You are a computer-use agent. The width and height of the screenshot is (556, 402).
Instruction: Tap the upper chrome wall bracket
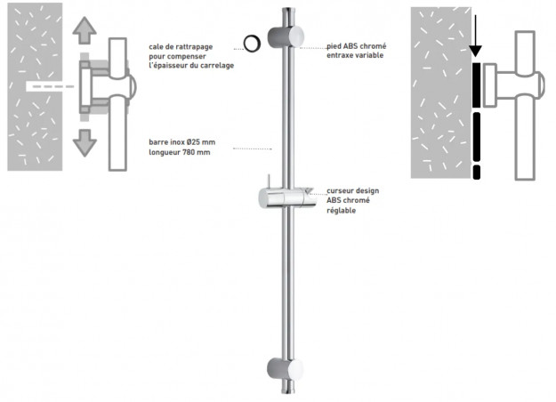(286, 36)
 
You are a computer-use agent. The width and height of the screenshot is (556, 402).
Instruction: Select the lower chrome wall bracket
(285, 369)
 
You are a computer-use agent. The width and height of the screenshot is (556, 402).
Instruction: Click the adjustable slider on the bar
(287, 197)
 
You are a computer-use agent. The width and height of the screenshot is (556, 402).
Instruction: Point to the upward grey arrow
(85, 30)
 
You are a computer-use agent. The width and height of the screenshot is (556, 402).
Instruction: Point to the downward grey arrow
(85, 143)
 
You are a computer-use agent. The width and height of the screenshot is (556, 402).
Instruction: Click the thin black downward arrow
(476, 36)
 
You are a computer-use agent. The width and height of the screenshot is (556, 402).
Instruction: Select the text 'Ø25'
(193, 142)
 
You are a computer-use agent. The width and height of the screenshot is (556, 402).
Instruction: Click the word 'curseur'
(339, 190)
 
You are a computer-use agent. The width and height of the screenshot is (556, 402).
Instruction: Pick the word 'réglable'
(341, 211)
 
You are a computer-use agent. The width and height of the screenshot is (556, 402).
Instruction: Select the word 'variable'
(369, 55)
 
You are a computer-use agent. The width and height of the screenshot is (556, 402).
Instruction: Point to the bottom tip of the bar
(288, 392)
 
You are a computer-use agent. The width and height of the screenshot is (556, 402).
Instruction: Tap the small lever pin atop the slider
(269, 181)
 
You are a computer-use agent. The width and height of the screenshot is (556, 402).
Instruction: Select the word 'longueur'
(165, 153)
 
